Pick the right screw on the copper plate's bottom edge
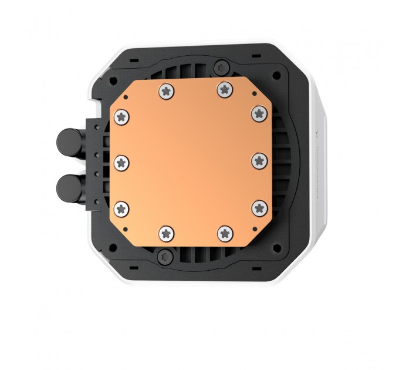tap(224, 234)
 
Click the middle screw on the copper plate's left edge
tap(122, 160)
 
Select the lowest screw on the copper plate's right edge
tap(259, 207)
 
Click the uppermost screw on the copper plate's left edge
tap(123, 115)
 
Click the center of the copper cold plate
tap(191, 161)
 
